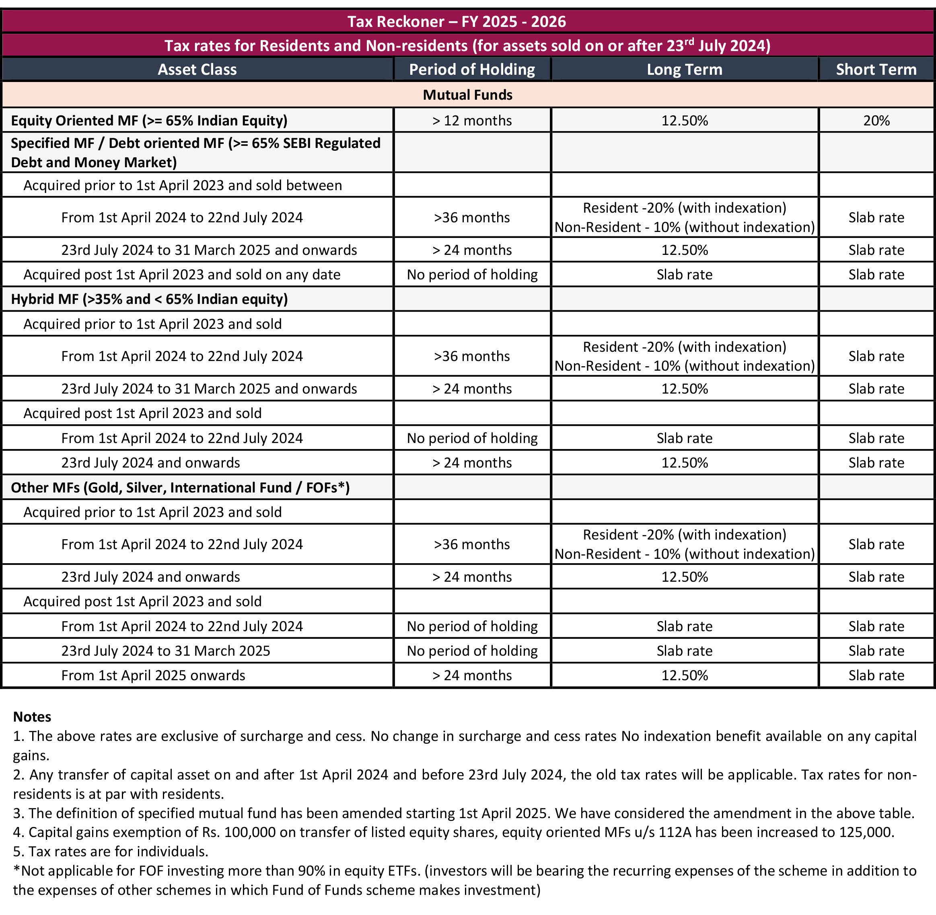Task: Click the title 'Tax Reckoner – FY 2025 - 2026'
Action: tap(456, 22)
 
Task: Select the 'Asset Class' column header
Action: tap(197, 69)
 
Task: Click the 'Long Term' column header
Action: tap(684, 69)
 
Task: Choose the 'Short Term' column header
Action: tap(876, 69)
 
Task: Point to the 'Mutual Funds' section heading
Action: tap(467, 94)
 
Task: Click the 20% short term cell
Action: tap(876, 120)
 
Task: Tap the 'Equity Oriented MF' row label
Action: tap(149, 120)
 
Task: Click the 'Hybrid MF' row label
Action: tap(149, 299)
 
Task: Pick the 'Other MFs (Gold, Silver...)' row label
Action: tap(180, 487)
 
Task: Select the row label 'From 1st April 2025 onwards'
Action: tap(153, 675)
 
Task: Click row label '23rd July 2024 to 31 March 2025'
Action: tap(165, 651)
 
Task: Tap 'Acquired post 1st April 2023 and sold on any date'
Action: tap(182, 275)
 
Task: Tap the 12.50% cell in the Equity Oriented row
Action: tap(684, 120)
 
